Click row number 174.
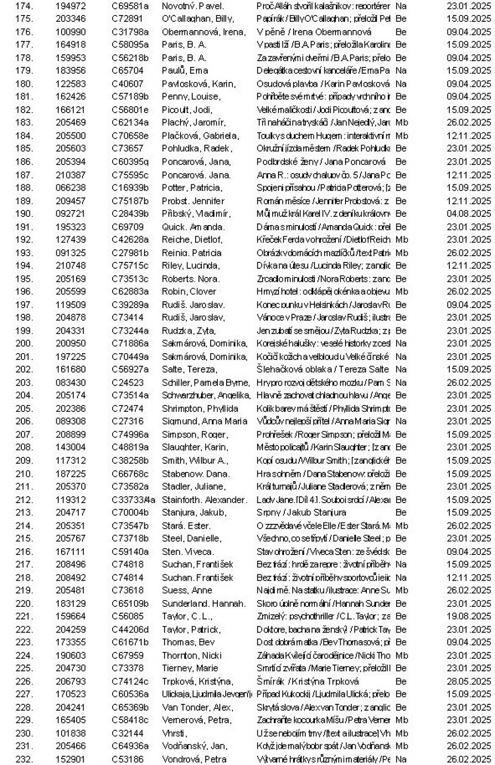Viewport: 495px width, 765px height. coord(24,6)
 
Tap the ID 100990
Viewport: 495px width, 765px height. coord(70,32)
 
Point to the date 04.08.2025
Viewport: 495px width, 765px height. coord(469,213)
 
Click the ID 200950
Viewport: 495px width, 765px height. coord(70,343)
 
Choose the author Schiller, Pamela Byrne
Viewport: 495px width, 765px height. coord(206,383)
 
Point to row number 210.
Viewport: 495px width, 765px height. coord(24,473)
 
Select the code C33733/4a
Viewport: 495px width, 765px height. coord(133,500)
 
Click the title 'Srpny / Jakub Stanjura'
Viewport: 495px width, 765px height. coord(301,512)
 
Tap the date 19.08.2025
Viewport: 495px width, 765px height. coord(469,616)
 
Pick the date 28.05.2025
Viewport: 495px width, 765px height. coord(469,681)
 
